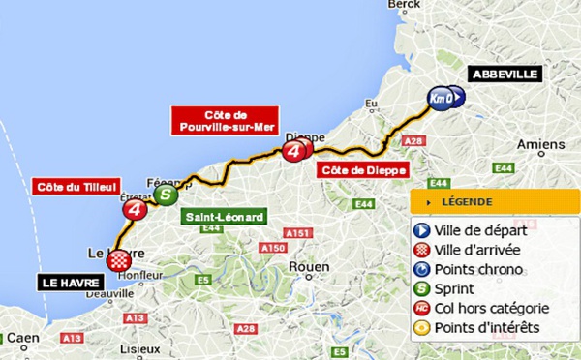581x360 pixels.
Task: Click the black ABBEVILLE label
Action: click(504, 73)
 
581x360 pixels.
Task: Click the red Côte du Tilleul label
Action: click(75, 186)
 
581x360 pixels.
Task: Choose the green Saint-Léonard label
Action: click(224, 218)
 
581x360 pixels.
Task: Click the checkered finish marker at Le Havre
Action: click(119, 259)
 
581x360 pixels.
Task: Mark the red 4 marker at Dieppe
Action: click(295, 150)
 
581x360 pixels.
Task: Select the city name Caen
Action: click(26, 338)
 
